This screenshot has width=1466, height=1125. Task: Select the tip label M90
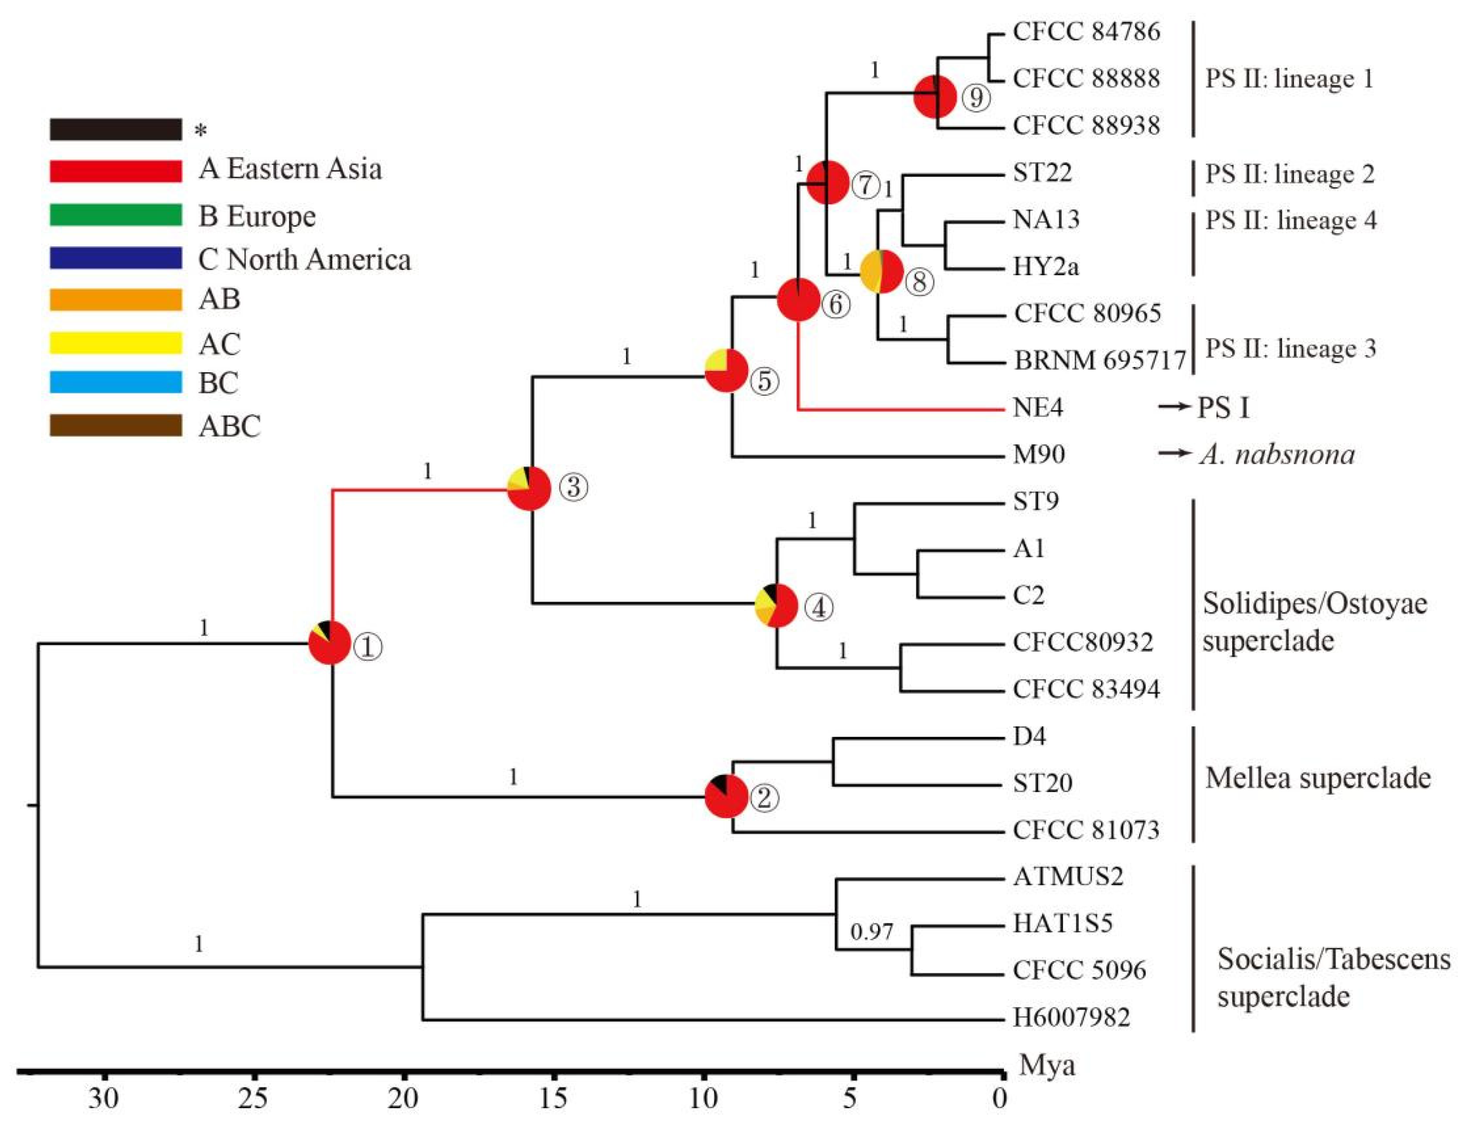tap(1038, 455)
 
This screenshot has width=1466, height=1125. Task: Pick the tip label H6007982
tap(1071, 1017)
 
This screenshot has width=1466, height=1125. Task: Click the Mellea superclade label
tap(1317, 778)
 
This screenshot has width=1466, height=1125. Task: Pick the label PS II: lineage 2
tap(1289, 174)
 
